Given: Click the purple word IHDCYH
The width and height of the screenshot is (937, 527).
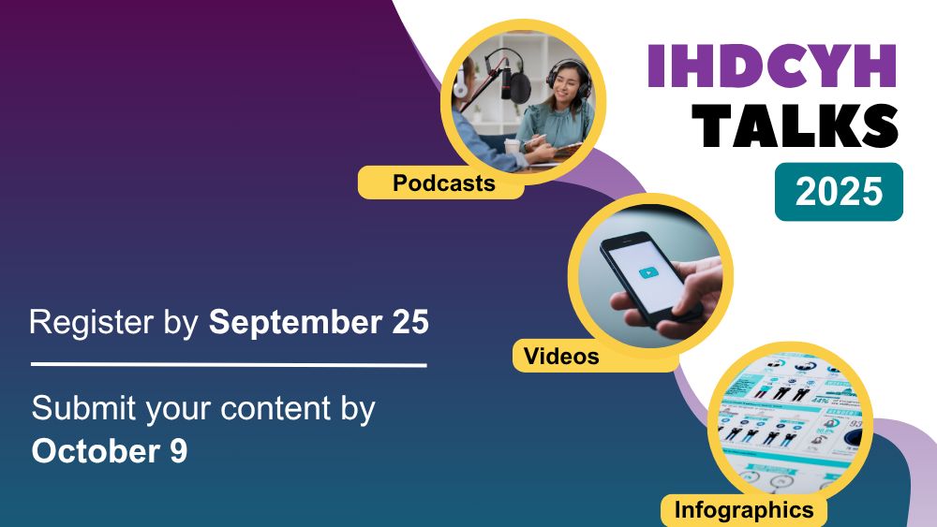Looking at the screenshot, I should (x=771, y=66).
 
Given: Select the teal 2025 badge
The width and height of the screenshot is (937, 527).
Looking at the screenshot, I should (x=839, y=192).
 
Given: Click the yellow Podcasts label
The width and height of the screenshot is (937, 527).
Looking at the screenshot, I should (x=443, y=183).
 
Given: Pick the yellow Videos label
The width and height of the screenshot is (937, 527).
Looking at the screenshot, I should (x=560, y=356).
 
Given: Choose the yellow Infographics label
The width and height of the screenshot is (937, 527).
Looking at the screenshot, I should (x=744, y=510).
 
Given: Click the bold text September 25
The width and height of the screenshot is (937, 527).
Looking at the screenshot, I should (x=319, y=322).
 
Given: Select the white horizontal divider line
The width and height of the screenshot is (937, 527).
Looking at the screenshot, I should (x=229, y=364).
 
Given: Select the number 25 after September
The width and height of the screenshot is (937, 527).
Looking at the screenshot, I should (x=409, y=322).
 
